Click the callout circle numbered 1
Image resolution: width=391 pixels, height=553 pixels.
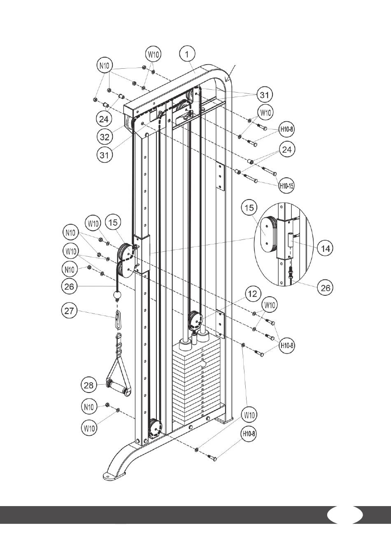(x=187, y=54)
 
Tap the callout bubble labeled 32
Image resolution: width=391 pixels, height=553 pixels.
(x=105, y=137)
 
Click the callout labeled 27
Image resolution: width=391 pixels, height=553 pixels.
(x=69, y=311)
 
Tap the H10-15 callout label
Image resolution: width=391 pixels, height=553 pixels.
(x=287, y=186)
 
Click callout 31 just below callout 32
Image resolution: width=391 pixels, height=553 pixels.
(x=105, y=155)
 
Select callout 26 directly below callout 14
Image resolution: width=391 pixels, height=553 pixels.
(x=325, y=288)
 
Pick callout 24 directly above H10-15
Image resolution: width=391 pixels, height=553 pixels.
(x=287, y=150)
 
